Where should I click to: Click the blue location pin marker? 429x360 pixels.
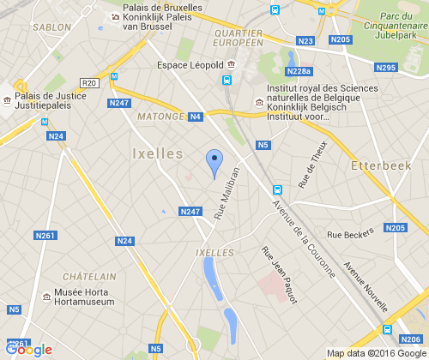[214, 161]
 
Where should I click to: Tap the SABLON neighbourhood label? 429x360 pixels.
[51, 27]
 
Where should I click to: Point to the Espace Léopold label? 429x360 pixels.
[190, 64]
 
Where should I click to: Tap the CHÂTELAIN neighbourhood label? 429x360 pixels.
[89, 277]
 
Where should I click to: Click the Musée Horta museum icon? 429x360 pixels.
[45, 297]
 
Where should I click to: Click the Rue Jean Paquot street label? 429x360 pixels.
[278, 275]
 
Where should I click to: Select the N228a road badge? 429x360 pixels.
[299, 71]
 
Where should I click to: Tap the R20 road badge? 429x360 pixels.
[90, 82]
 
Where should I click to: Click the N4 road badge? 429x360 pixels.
[195, 117]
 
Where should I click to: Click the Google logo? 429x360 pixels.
[28, 349]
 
